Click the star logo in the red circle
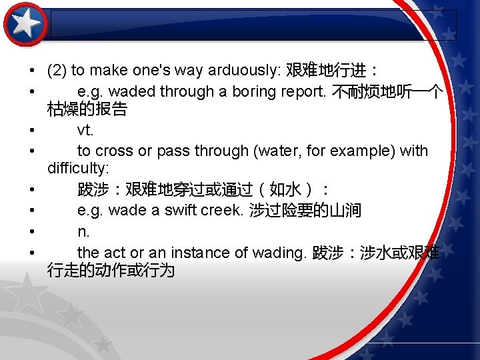25,24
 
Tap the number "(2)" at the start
57,70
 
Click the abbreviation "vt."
85,129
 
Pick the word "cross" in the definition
113,151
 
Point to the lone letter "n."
83,232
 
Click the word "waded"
131,91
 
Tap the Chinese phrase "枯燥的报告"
87,109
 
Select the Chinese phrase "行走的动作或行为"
111,270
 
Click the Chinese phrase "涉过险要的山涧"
305,211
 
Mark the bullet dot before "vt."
32,130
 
